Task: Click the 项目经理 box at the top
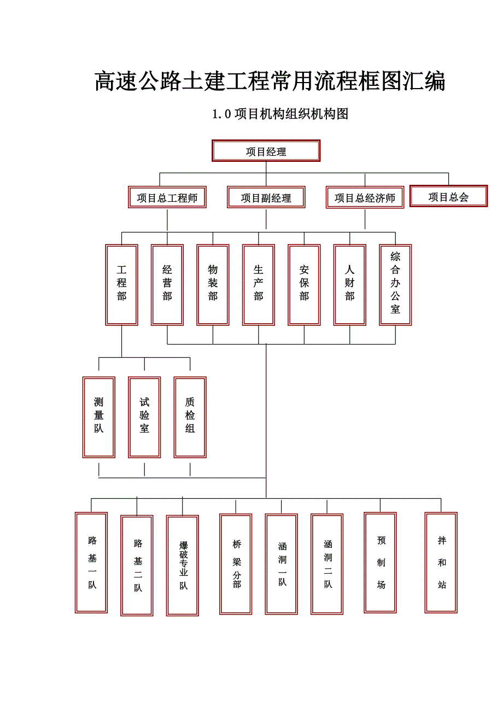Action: coord(266,151)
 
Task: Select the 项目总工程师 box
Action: coord(167,197)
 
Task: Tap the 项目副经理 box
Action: coord(266,197)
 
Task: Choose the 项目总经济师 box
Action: coord(365,197)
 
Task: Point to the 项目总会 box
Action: coord(448,196)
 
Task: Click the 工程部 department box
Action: coord(121,284)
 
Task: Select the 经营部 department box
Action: coord(167,284)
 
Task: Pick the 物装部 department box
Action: coord(213,284)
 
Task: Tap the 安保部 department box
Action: coord(304,284)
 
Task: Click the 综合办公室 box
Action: coord(395,284)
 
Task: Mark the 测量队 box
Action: coord(98,417)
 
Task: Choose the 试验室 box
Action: coord(144,417)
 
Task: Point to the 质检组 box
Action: coord(190,417)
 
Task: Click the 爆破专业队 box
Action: coord(183,565)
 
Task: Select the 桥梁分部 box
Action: coord(236,564)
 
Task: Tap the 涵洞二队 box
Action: coord(327,564)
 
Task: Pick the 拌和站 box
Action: coord(441,562)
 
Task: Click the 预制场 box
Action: coord(381,562)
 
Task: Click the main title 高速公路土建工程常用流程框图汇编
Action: coord(270,81)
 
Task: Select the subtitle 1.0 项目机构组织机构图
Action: coord(280,114)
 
